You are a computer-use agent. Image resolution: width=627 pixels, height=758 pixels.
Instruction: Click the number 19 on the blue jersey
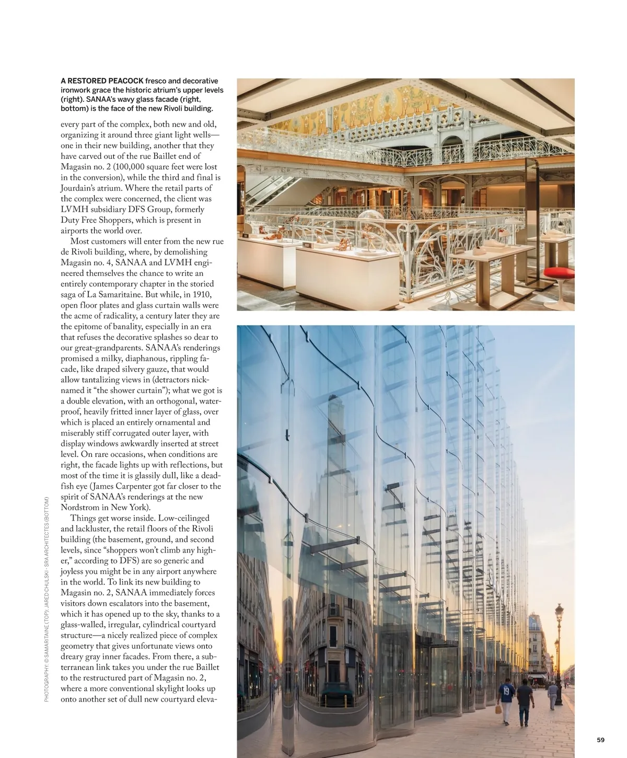[x=506, y=690]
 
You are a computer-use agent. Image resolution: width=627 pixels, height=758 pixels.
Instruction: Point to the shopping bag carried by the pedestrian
[x=498, y=709]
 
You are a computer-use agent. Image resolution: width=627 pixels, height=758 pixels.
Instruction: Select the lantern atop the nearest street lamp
[x=559, y=611]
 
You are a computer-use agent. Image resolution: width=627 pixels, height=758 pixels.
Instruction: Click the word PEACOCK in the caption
[x=125, y=81]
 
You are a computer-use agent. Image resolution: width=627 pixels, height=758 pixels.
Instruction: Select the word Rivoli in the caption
[x=167, y=109]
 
